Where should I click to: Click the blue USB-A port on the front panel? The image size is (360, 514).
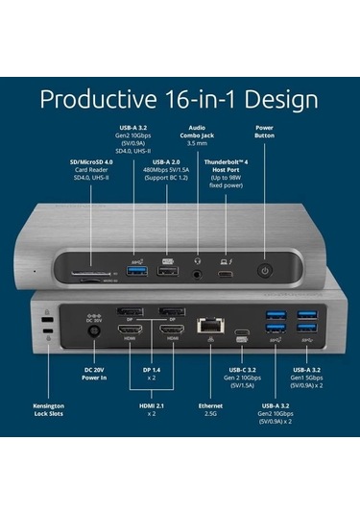click(133, 270)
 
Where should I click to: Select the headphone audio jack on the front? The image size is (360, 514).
click(198, 271)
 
